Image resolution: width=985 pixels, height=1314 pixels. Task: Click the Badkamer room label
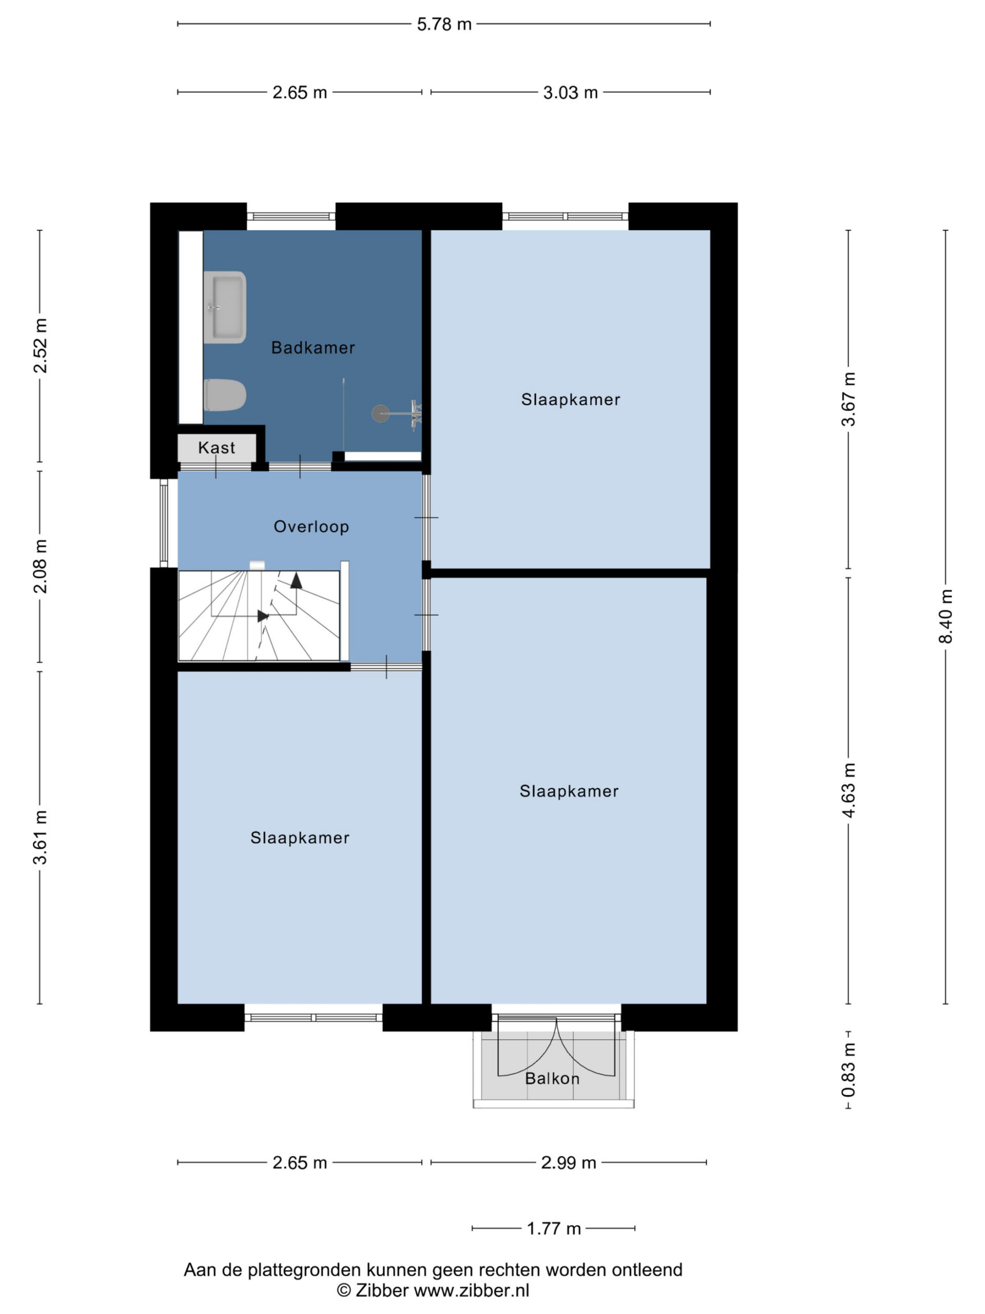[x=313, y=347]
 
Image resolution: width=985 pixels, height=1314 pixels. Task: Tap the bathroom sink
[x=224, y=307]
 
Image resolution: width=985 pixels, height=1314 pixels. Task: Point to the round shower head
[x=381, y=413]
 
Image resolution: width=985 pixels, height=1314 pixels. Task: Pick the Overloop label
[x=311, y=526]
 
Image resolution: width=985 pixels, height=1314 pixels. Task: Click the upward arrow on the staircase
[x=295, y=581]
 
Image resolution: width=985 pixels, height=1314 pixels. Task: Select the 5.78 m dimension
[x=444, y=24]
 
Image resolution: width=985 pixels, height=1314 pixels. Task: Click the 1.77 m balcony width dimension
[x=554, y=1228]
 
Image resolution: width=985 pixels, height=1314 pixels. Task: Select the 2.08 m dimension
[x=41, y=566]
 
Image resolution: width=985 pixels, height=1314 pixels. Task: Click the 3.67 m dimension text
[x=849, y=399]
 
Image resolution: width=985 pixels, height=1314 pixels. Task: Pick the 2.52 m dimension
[x=41, y=346]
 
